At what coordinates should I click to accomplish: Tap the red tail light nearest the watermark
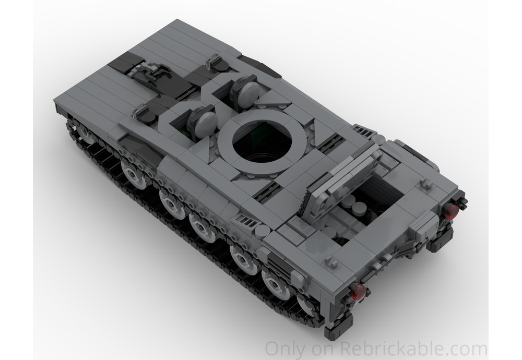tap(358, 292)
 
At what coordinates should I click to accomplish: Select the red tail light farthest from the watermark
tap(452, 210)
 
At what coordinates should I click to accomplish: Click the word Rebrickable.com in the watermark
tap(414, 348)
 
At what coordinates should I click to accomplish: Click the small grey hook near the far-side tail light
tap(426, 184)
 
